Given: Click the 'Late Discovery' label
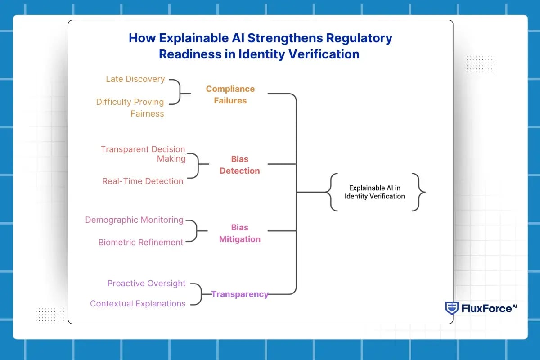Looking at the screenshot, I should tap(135, 79).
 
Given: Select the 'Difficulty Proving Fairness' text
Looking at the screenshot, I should tap(130, 108).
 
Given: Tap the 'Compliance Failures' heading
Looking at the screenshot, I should tap(230, 94).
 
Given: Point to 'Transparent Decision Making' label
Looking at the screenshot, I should tap(143, 154).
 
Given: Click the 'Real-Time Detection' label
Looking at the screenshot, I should tap(143, 181).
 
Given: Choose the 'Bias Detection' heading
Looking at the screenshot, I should tap(239, 165).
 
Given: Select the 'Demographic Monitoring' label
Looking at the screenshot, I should tap(134, 220).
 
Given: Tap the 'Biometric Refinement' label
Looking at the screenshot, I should tap(141, 243).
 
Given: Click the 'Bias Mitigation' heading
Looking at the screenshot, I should tap(239, 233).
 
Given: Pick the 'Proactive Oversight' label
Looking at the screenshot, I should tap(146, 283).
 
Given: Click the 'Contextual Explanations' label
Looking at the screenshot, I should tap(138, 304).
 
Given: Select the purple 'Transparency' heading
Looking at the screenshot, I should tap(240, 294).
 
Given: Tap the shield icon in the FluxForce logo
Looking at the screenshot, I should tap(451, 308).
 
